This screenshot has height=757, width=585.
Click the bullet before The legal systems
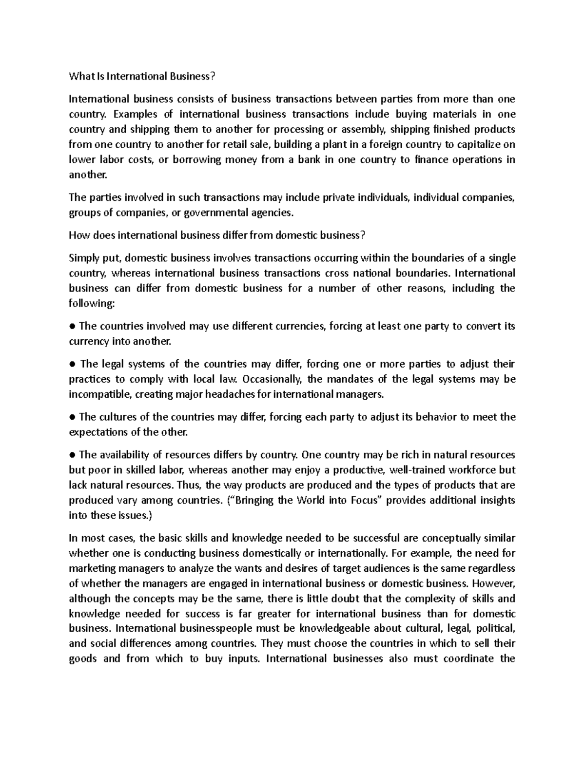pyautogui.click(x=72, y=364)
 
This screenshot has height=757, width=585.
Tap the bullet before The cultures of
pyautogui.click(x=72, y=417)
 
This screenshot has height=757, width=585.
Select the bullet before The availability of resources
pyautogui.click(x=72, y=455)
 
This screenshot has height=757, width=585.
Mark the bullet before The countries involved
pyautogui.click(x=72, y=326)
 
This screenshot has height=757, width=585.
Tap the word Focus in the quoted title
pyautogui.click(x=364, y=501)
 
